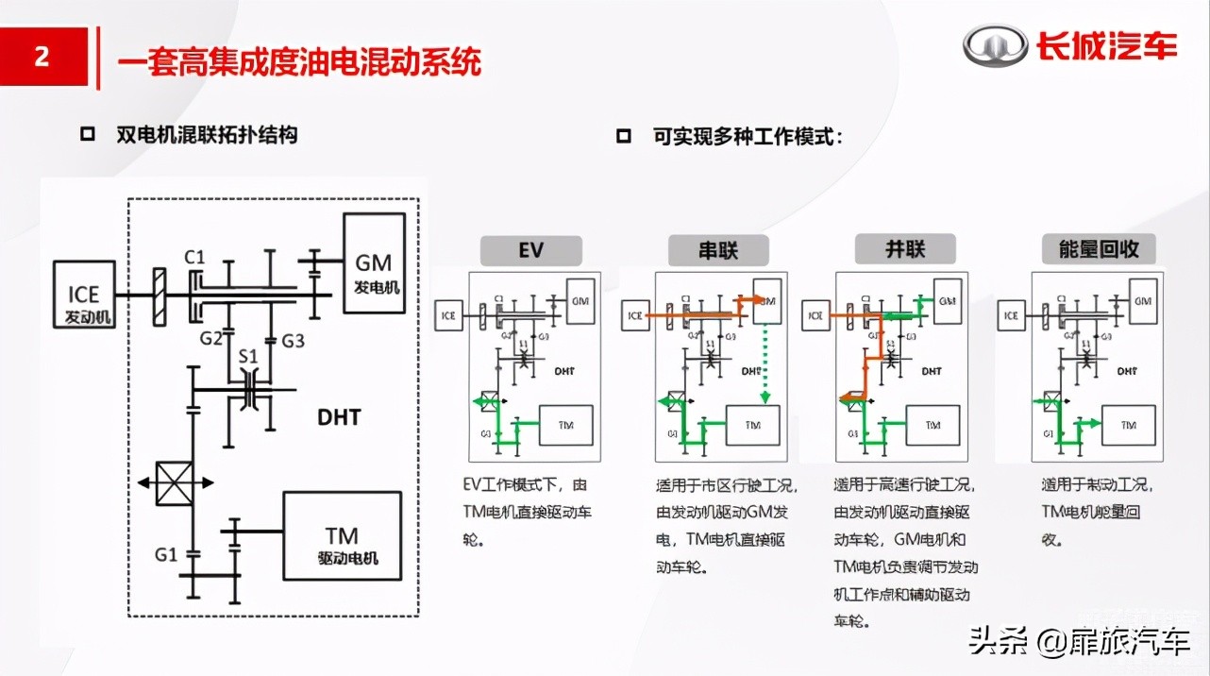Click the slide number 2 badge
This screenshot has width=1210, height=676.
point(42,57)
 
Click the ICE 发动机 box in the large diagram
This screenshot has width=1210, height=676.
point(84,295)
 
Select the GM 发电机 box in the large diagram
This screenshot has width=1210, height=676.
point(374,262)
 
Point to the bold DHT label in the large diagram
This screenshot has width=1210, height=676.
point(339,415)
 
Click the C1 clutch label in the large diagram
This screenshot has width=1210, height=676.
point(195,256)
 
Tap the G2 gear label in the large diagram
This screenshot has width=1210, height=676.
point(210,338)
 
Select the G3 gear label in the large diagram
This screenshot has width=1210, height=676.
point(294,340)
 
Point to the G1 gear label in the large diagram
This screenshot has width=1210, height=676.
point(166,554)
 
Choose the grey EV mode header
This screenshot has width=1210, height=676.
point(531,250)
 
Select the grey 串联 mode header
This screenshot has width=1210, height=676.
point(718,250)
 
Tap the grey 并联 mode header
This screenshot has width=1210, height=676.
point(905,249)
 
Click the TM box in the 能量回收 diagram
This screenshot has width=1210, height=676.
point(1128,425)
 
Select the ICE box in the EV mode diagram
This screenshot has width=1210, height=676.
point(448,314)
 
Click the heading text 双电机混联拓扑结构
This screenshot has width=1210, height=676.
point(207,135)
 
